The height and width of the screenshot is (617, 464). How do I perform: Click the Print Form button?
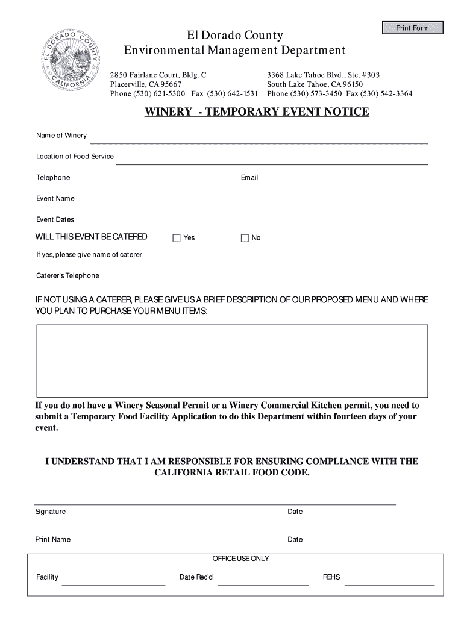[x=412, y=28]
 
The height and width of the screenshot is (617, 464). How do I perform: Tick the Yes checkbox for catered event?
[x=177, y=238]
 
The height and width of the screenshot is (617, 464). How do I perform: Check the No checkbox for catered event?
[x=245, y=238]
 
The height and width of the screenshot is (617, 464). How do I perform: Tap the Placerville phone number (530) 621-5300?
[x=148, y=94]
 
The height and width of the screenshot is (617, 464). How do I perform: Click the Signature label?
[x=51, y=512]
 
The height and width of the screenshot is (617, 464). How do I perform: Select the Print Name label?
[x=53, y=539]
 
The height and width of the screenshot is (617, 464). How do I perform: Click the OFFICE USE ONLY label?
[x=241, y=559]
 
